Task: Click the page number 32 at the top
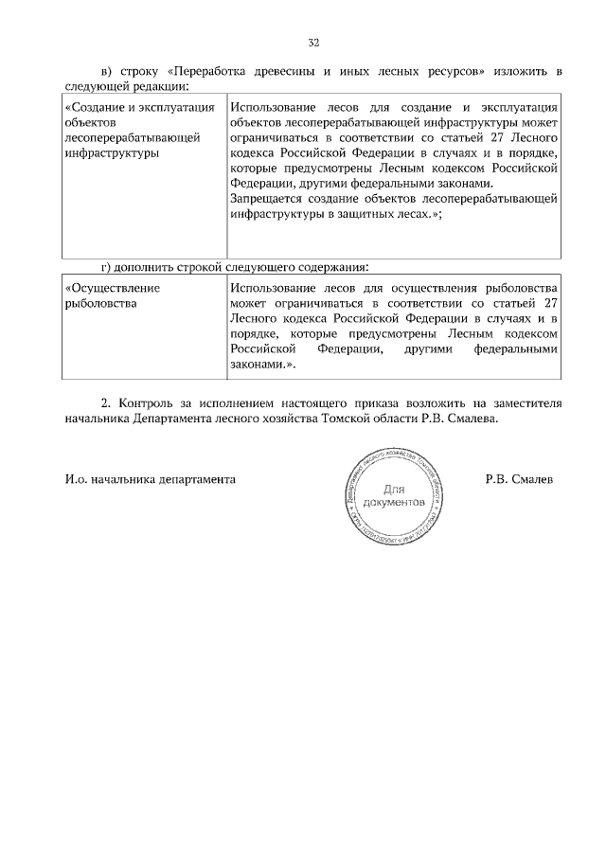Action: point(313,42)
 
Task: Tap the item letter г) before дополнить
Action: point(107,266)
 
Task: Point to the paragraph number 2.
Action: point(106,402)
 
